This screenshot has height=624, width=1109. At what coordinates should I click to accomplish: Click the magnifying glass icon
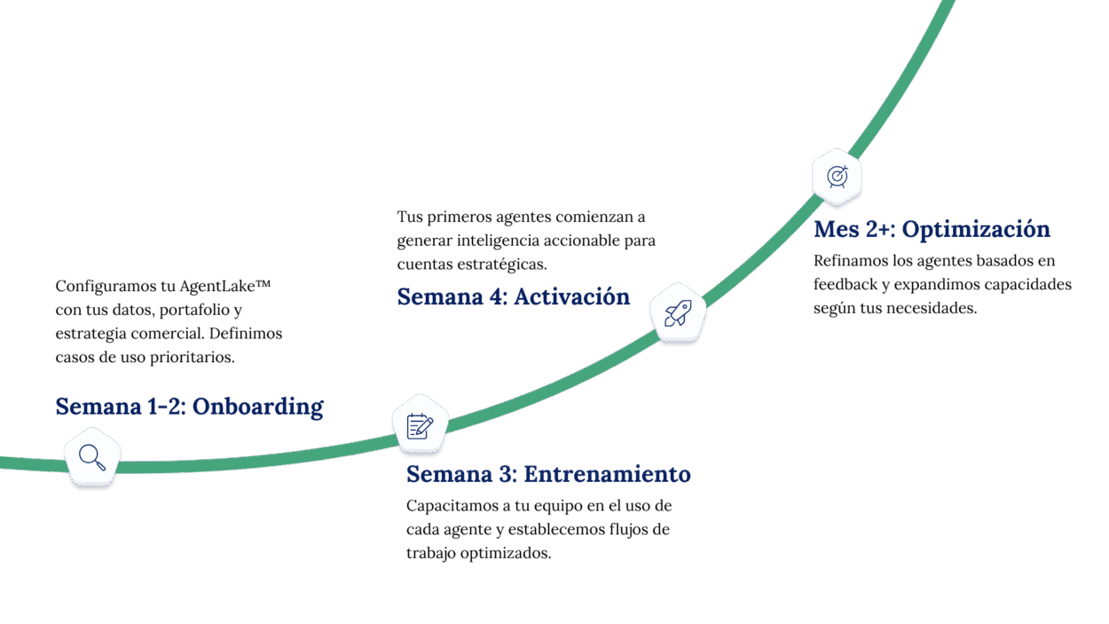tap(92, 457)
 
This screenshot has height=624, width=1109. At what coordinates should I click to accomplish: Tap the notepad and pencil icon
tap(420, 426)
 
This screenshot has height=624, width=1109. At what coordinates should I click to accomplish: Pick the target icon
tap(837, 176)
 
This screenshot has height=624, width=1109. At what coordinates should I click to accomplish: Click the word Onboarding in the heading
tap(257, 407)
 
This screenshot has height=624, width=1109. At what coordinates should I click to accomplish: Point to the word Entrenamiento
tap(607, 474)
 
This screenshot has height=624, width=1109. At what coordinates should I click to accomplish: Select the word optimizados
tap(506, 552)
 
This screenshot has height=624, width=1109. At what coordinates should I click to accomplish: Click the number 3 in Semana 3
tap(507, 474)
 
